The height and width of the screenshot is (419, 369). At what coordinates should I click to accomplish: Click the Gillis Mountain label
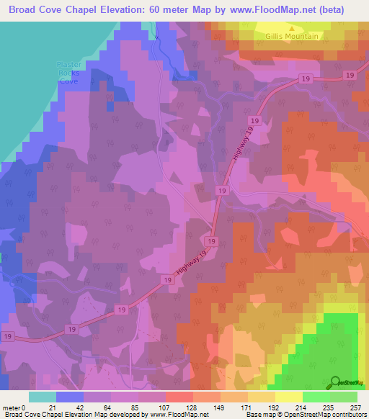click(291, 36)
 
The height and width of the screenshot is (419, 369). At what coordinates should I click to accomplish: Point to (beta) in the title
click(329, 9)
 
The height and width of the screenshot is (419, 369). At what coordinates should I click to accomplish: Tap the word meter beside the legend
click(12, 407)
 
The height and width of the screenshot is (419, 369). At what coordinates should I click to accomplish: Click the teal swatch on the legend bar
click(43, 397)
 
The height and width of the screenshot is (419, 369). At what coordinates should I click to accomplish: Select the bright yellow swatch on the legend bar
click(289, 397)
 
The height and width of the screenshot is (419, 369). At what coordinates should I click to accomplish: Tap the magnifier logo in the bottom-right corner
click(336, 382)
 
